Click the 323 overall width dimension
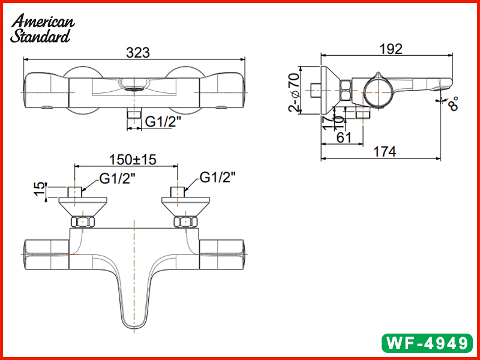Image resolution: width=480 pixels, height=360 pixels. point(137,52)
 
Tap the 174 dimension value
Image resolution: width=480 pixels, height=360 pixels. point(384,152)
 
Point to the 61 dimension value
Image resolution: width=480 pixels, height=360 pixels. point(344,137)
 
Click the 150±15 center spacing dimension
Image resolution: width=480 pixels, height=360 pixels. point(132,160)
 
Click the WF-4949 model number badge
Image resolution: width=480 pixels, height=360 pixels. point(427,343)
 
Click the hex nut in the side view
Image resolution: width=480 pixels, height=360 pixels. point(346,91)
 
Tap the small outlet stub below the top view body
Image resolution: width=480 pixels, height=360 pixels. point(133,114)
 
